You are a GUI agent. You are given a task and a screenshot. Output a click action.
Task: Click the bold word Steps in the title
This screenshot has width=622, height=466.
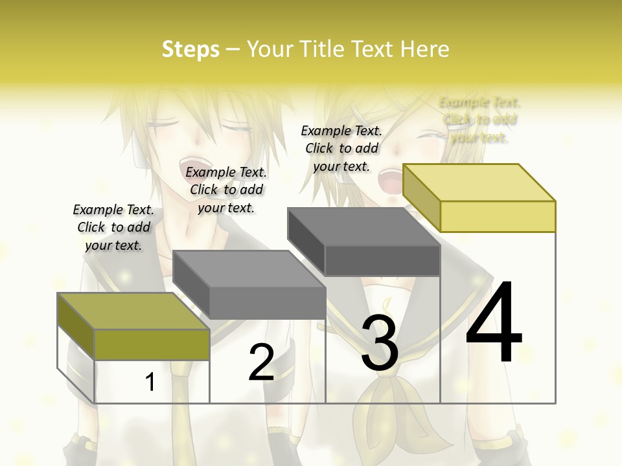190,49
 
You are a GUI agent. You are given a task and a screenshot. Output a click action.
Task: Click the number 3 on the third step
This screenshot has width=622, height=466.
380,343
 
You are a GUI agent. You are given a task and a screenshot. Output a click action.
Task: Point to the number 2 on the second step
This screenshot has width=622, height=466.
261,362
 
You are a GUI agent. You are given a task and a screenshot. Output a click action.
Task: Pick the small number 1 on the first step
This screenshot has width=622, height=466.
150,382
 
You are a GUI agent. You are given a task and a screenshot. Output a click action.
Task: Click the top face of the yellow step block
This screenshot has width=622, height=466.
479,183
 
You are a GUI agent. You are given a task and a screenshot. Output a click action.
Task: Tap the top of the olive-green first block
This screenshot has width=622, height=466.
133,311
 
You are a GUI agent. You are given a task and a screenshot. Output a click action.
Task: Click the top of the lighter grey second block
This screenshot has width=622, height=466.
249,269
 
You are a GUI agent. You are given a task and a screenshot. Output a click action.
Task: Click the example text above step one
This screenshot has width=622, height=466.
113,227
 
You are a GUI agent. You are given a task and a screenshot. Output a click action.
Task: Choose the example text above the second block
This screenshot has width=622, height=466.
226,190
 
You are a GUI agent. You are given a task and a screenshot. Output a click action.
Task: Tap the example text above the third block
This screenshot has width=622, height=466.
341,148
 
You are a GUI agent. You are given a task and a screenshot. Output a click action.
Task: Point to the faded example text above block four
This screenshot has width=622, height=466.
479,120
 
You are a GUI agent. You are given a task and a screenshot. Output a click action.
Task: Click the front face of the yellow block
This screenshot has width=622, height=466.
498,216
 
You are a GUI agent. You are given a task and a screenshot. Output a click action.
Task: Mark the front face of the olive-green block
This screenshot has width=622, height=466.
152,344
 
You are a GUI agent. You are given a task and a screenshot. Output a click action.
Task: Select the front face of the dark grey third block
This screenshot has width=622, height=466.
382,260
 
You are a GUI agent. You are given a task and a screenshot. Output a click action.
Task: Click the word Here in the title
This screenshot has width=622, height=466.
425,49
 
